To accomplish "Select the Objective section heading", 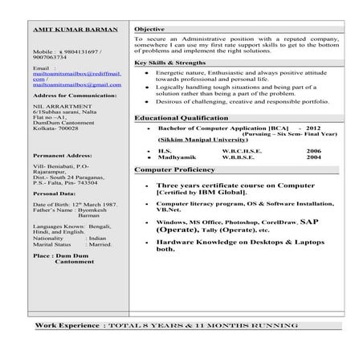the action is pyautogui.click(x=151, y=28).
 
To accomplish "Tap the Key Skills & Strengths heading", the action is pyautogui.click(x=174, y=62).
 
